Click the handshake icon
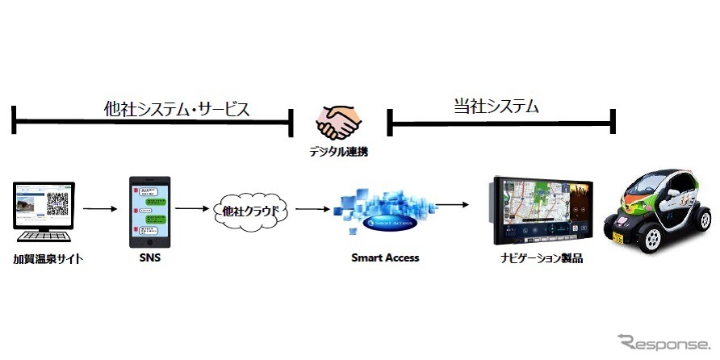338,122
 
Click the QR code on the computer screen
58,204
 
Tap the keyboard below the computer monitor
44,238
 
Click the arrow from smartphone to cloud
191,209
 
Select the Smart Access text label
385,258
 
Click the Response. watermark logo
665,342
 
